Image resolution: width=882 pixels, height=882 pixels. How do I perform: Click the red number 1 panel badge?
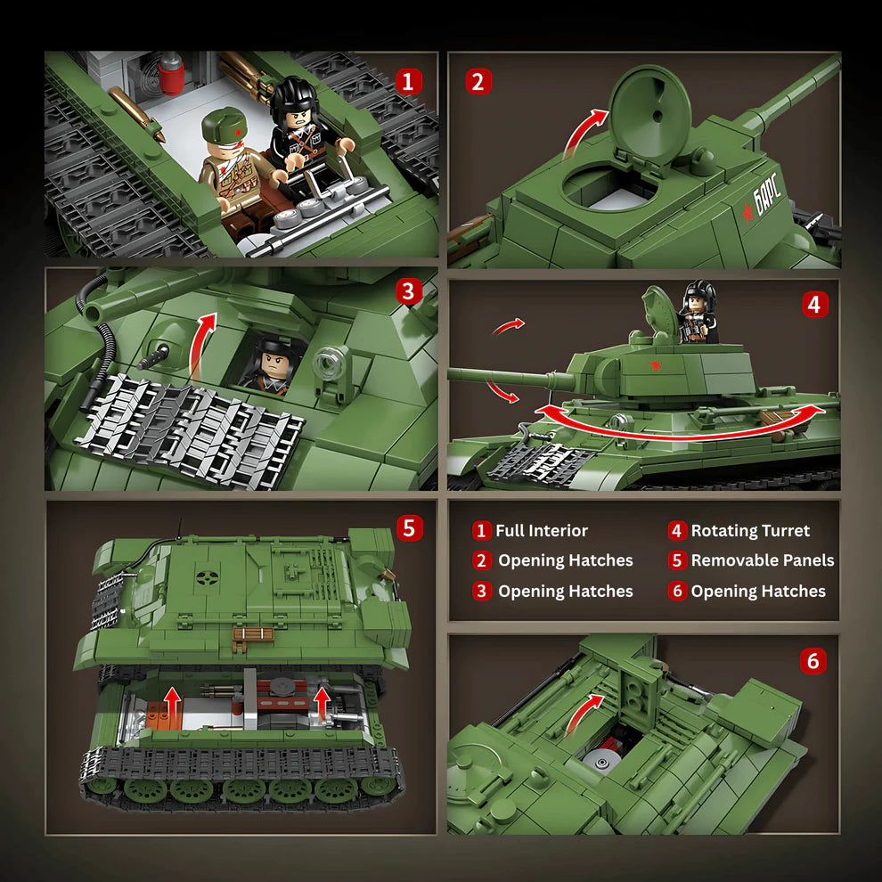(408, 83)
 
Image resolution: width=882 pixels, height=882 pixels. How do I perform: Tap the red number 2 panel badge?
(478, 83)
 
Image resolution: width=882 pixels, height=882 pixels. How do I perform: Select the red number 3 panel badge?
(408, 291)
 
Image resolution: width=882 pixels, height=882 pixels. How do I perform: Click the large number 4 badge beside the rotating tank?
(813, 305)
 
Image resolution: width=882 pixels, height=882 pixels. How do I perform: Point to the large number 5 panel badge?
(408, 527)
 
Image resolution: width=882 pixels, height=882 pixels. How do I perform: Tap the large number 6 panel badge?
(812, 661)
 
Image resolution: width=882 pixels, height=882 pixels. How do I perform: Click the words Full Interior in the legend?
(541, 531)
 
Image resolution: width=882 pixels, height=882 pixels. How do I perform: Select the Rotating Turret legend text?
(750, 531)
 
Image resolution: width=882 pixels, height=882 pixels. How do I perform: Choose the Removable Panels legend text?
(762, 560)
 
